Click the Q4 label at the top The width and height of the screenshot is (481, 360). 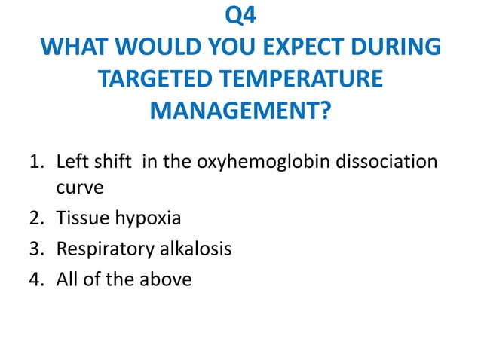click(240, 15)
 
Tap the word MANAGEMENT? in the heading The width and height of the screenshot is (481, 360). click(240, 112)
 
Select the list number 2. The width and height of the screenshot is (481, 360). click(36, 219)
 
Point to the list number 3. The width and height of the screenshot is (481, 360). click(36, 249)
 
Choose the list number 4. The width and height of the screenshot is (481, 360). click(36, 279)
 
